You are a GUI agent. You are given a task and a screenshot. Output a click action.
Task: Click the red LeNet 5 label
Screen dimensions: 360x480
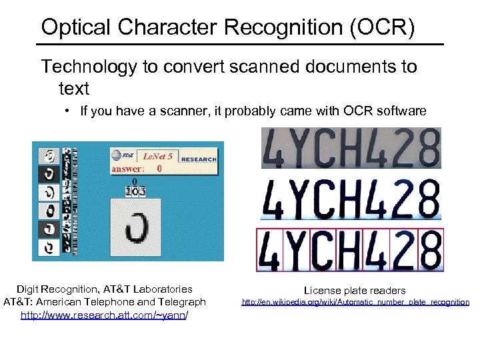pyautogui.click(x=158, y=157)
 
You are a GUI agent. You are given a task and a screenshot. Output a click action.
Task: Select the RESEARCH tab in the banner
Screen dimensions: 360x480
pyautogui.click(x=199, y=159)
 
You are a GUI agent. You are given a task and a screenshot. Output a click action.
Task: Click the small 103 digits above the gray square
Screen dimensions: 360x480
pyautogui.click(x=137, y=191)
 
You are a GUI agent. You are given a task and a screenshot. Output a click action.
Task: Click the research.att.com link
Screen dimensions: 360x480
pyautogui.click(x=104, y=315)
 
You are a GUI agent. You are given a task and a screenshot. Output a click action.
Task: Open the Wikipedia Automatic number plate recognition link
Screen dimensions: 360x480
pyautogui.click(x=355, y=302)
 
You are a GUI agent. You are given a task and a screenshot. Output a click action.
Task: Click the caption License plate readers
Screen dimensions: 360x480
pyautogui.click(x=355, y=291)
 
